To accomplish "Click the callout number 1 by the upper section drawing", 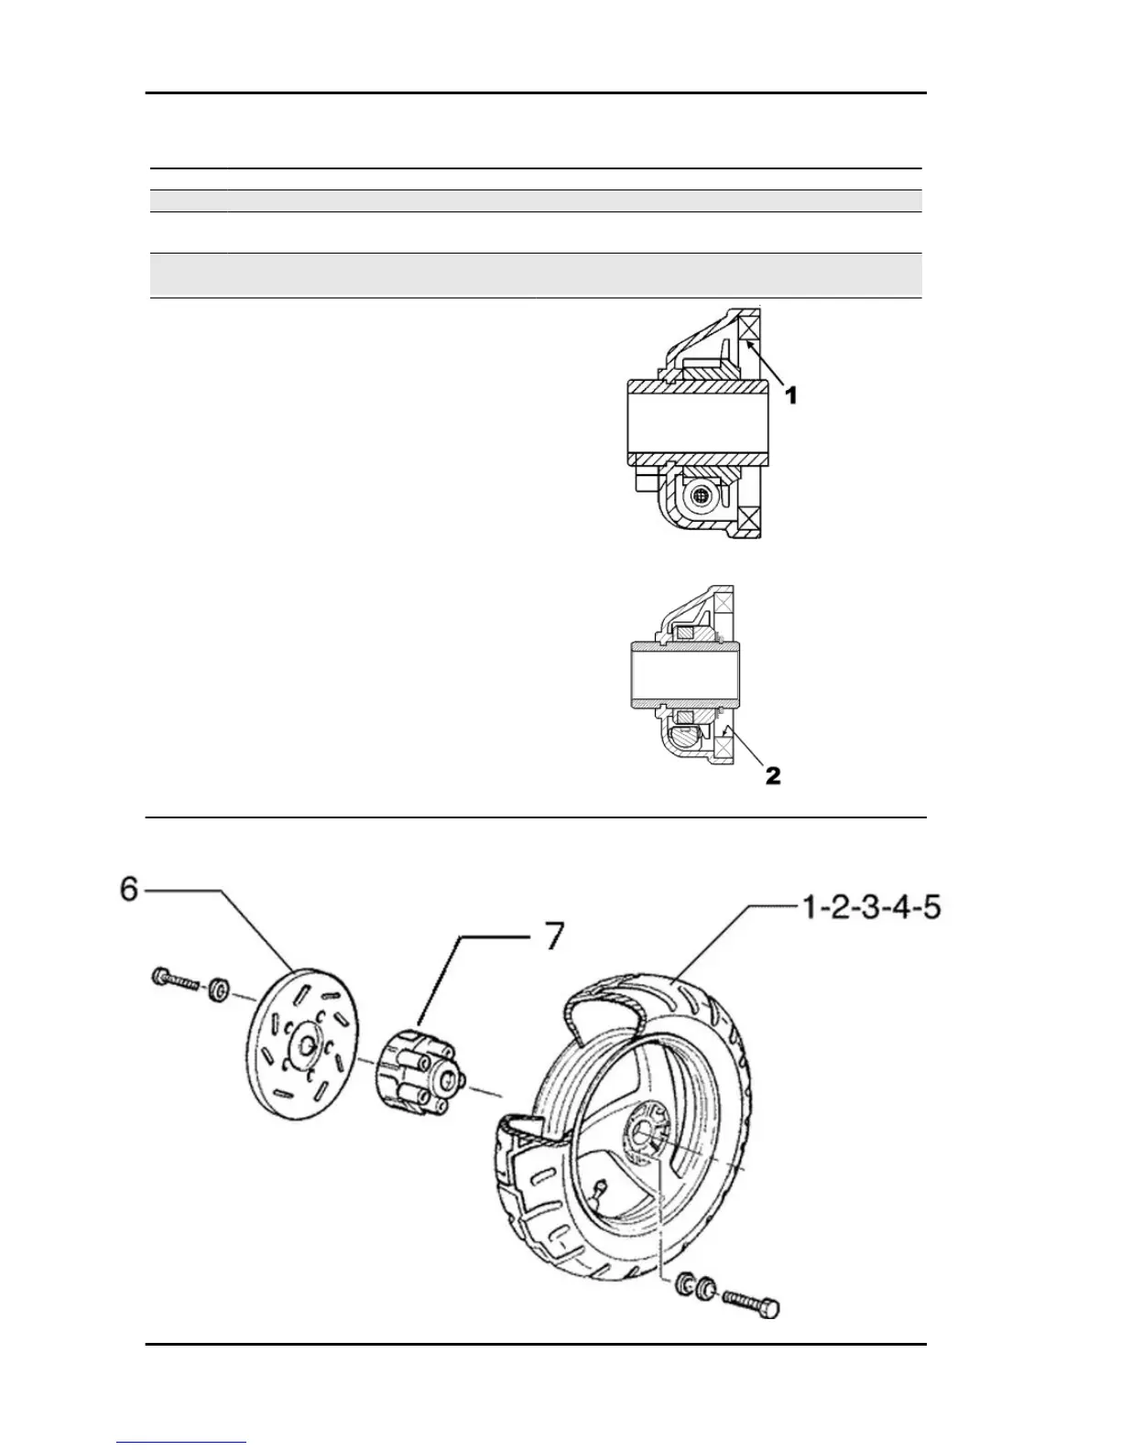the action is click(792, 395).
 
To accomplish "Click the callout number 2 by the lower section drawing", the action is click(773, 775).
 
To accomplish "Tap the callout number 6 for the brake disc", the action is click(129, 889).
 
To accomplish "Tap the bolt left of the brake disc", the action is click(173, 980).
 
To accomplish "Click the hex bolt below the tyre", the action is click(751, 1302).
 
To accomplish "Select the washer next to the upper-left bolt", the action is click(219, 990).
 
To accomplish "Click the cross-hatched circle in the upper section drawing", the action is click(701, 495).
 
